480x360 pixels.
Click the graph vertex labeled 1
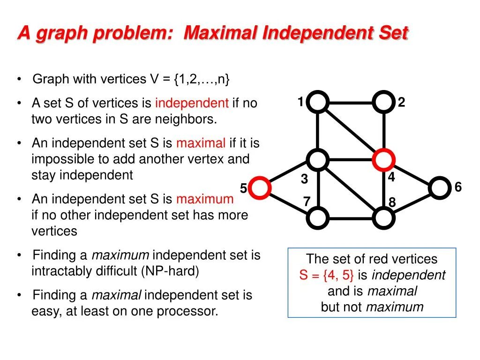coord(318,102)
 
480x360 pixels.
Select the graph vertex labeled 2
coord(384,102)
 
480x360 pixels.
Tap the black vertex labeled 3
coord(318,160)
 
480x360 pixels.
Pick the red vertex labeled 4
coord(384,160)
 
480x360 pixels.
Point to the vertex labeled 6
coord(439,188)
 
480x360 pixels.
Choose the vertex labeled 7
coord(318,217)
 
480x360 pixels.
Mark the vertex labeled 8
coord(384,217)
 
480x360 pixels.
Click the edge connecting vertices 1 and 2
coord(351,102)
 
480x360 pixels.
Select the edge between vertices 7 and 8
coord(351,217)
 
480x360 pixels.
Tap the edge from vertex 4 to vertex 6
coord(412,174)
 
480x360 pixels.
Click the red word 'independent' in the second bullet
coord(192,103)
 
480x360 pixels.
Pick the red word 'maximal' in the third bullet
coord(201,143)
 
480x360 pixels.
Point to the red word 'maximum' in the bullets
coord(205,199)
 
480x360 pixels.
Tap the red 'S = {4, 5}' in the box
coord(327,275)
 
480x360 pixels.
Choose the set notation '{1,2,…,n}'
coord(202,79)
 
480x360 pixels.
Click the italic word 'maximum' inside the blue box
coord(394,307)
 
